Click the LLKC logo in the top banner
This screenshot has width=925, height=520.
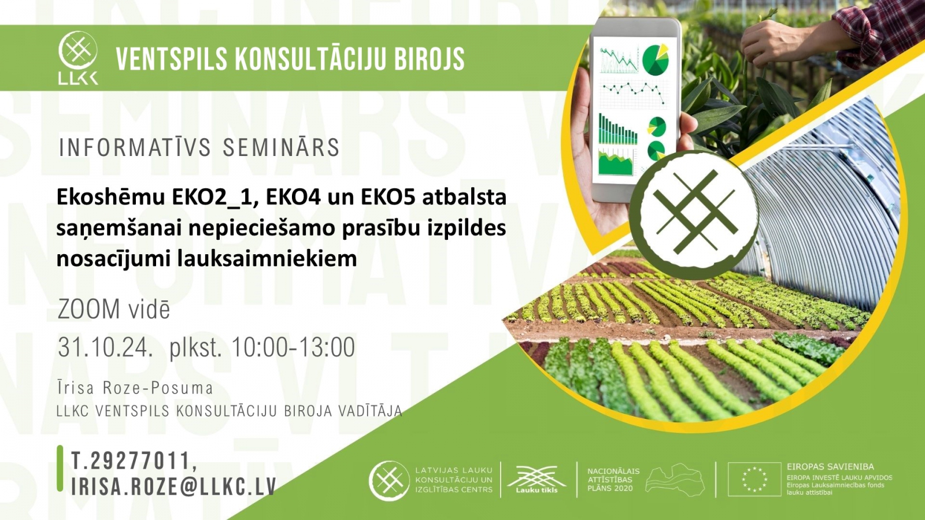click(x=78, y=58)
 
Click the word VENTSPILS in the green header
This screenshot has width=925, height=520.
click(x=171, y=58)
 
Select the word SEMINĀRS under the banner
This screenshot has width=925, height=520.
click(x=281, y=147)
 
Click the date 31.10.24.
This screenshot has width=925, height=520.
click(x=105, y=347)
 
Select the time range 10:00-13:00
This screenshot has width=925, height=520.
click(x=293, y=347)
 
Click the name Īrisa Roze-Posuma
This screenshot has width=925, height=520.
click(x=135, y=388)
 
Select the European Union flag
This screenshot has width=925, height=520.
click(x=754, y=479)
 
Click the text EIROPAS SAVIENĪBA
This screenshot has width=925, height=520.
click(x=830, y=467)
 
